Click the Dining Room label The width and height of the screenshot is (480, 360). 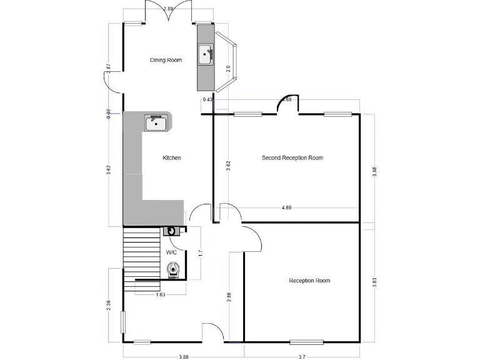coord(166,60)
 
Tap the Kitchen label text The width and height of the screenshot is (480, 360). coord(172,158)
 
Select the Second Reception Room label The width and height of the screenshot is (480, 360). coord(292,158)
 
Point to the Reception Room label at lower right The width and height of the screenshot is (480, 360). coord(309,281)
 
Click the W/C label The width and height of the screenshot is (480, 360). coord(171,252)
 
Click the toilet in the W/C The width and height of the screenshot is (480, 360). coord(174,269)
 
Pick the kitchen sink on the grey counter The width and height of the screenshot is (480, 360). coord(156,123)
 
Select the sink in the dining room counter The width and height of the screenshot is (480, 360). coord(206,54)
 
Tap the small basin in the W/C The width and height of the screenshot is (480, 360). coord(171,231)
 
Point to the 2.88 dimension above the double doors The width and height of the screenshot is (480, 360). coord(168,9)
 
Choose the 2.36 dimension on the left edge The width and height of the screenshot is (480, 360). coord(109,306)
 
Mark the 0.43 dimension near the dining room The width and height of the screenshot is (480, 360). coord(208,99)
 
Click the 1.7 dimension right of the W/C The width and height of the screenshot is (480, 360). coord(200,254)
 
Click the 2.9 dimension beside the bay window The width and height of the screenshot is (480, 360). coord(229,69)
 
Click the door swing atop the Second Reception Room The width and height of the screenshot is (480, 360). coord(288,105)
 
